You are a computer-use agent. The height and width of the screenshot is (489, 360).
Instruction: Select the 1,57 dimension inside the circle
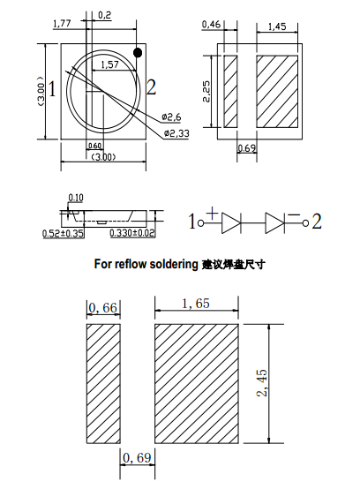click(110, 65)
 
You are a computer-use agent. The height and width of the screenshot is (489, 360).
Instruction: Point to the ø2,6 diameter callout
click(172, 117)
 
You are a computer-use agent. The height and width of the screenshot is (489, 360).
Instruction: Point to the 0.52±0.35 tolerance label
click(63, 234)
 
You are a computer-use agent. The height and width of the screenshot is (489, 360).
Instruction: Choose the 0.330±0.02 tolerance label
click(131, 234)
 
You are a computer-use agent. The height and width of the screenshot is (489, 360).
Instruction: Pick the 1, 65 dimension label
click(196, 304)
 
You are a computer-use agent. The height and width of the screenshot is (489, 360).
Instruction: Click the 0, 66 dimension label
click(103, 307)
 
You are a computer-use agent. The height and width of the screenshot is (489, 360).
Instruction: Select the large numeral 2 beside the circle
click(152, 87)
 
